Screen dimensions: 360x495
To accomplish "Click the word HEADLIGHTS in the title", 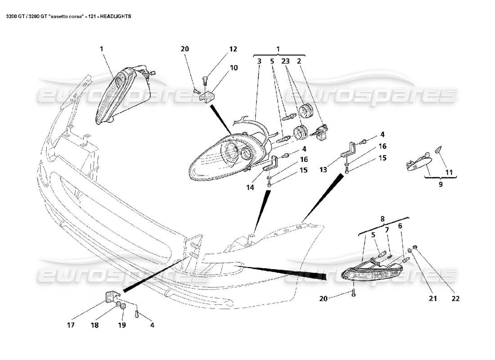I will pyautogui.click(x=116, y=16).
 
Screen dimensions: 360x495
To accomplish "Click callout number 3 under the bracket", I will pyautogui.click(x=260, y=60).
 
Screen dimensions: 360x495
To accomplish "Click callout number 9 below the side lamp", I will pyautogui.click(x=440, y=184).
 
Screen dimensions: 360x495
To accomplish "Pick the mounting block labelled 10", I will pyautogui.click(x=208, y=96).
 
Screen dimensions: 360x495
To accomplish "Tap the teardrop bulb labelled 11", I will pyautogui.click(x=439, y=149).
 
